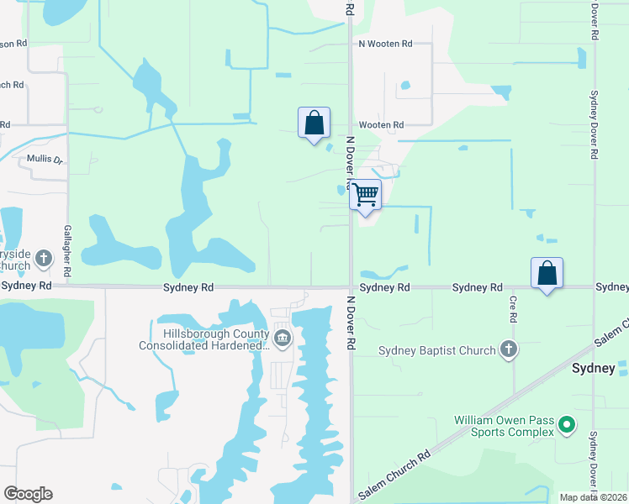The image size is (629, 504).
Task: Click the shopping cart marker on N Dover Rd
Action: (366, 195)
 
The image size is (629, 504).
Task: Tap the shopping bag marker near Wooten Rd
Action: (314, 123)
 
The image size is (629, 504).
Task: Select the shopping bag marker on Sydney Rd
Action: (547, 273)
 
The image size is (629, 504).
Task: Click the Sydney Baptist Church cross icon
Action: (508, 350)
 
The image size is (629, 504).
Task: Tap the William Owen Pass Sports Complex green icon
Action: (567, 426)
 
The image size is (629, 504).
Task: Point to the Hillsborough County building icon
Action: (283, 339)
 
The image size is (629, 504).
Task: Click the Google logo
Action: (28, 494)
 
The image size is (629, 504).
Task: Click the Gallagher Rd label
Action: (66, 251)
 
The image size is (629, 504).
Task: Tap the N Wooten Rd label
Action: (385, 43)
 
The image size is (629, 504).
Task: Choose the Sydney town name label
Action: (594, 368)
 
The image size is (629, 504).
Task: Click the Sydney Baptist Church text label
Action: (436, 350)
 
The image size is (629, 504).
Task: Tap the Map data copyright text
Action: (594, 497)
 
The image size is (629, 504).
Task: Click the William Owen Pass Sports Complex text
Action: (504, 425)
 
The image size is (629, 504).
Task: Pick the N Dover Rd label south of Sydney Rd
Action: (350, 324)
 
